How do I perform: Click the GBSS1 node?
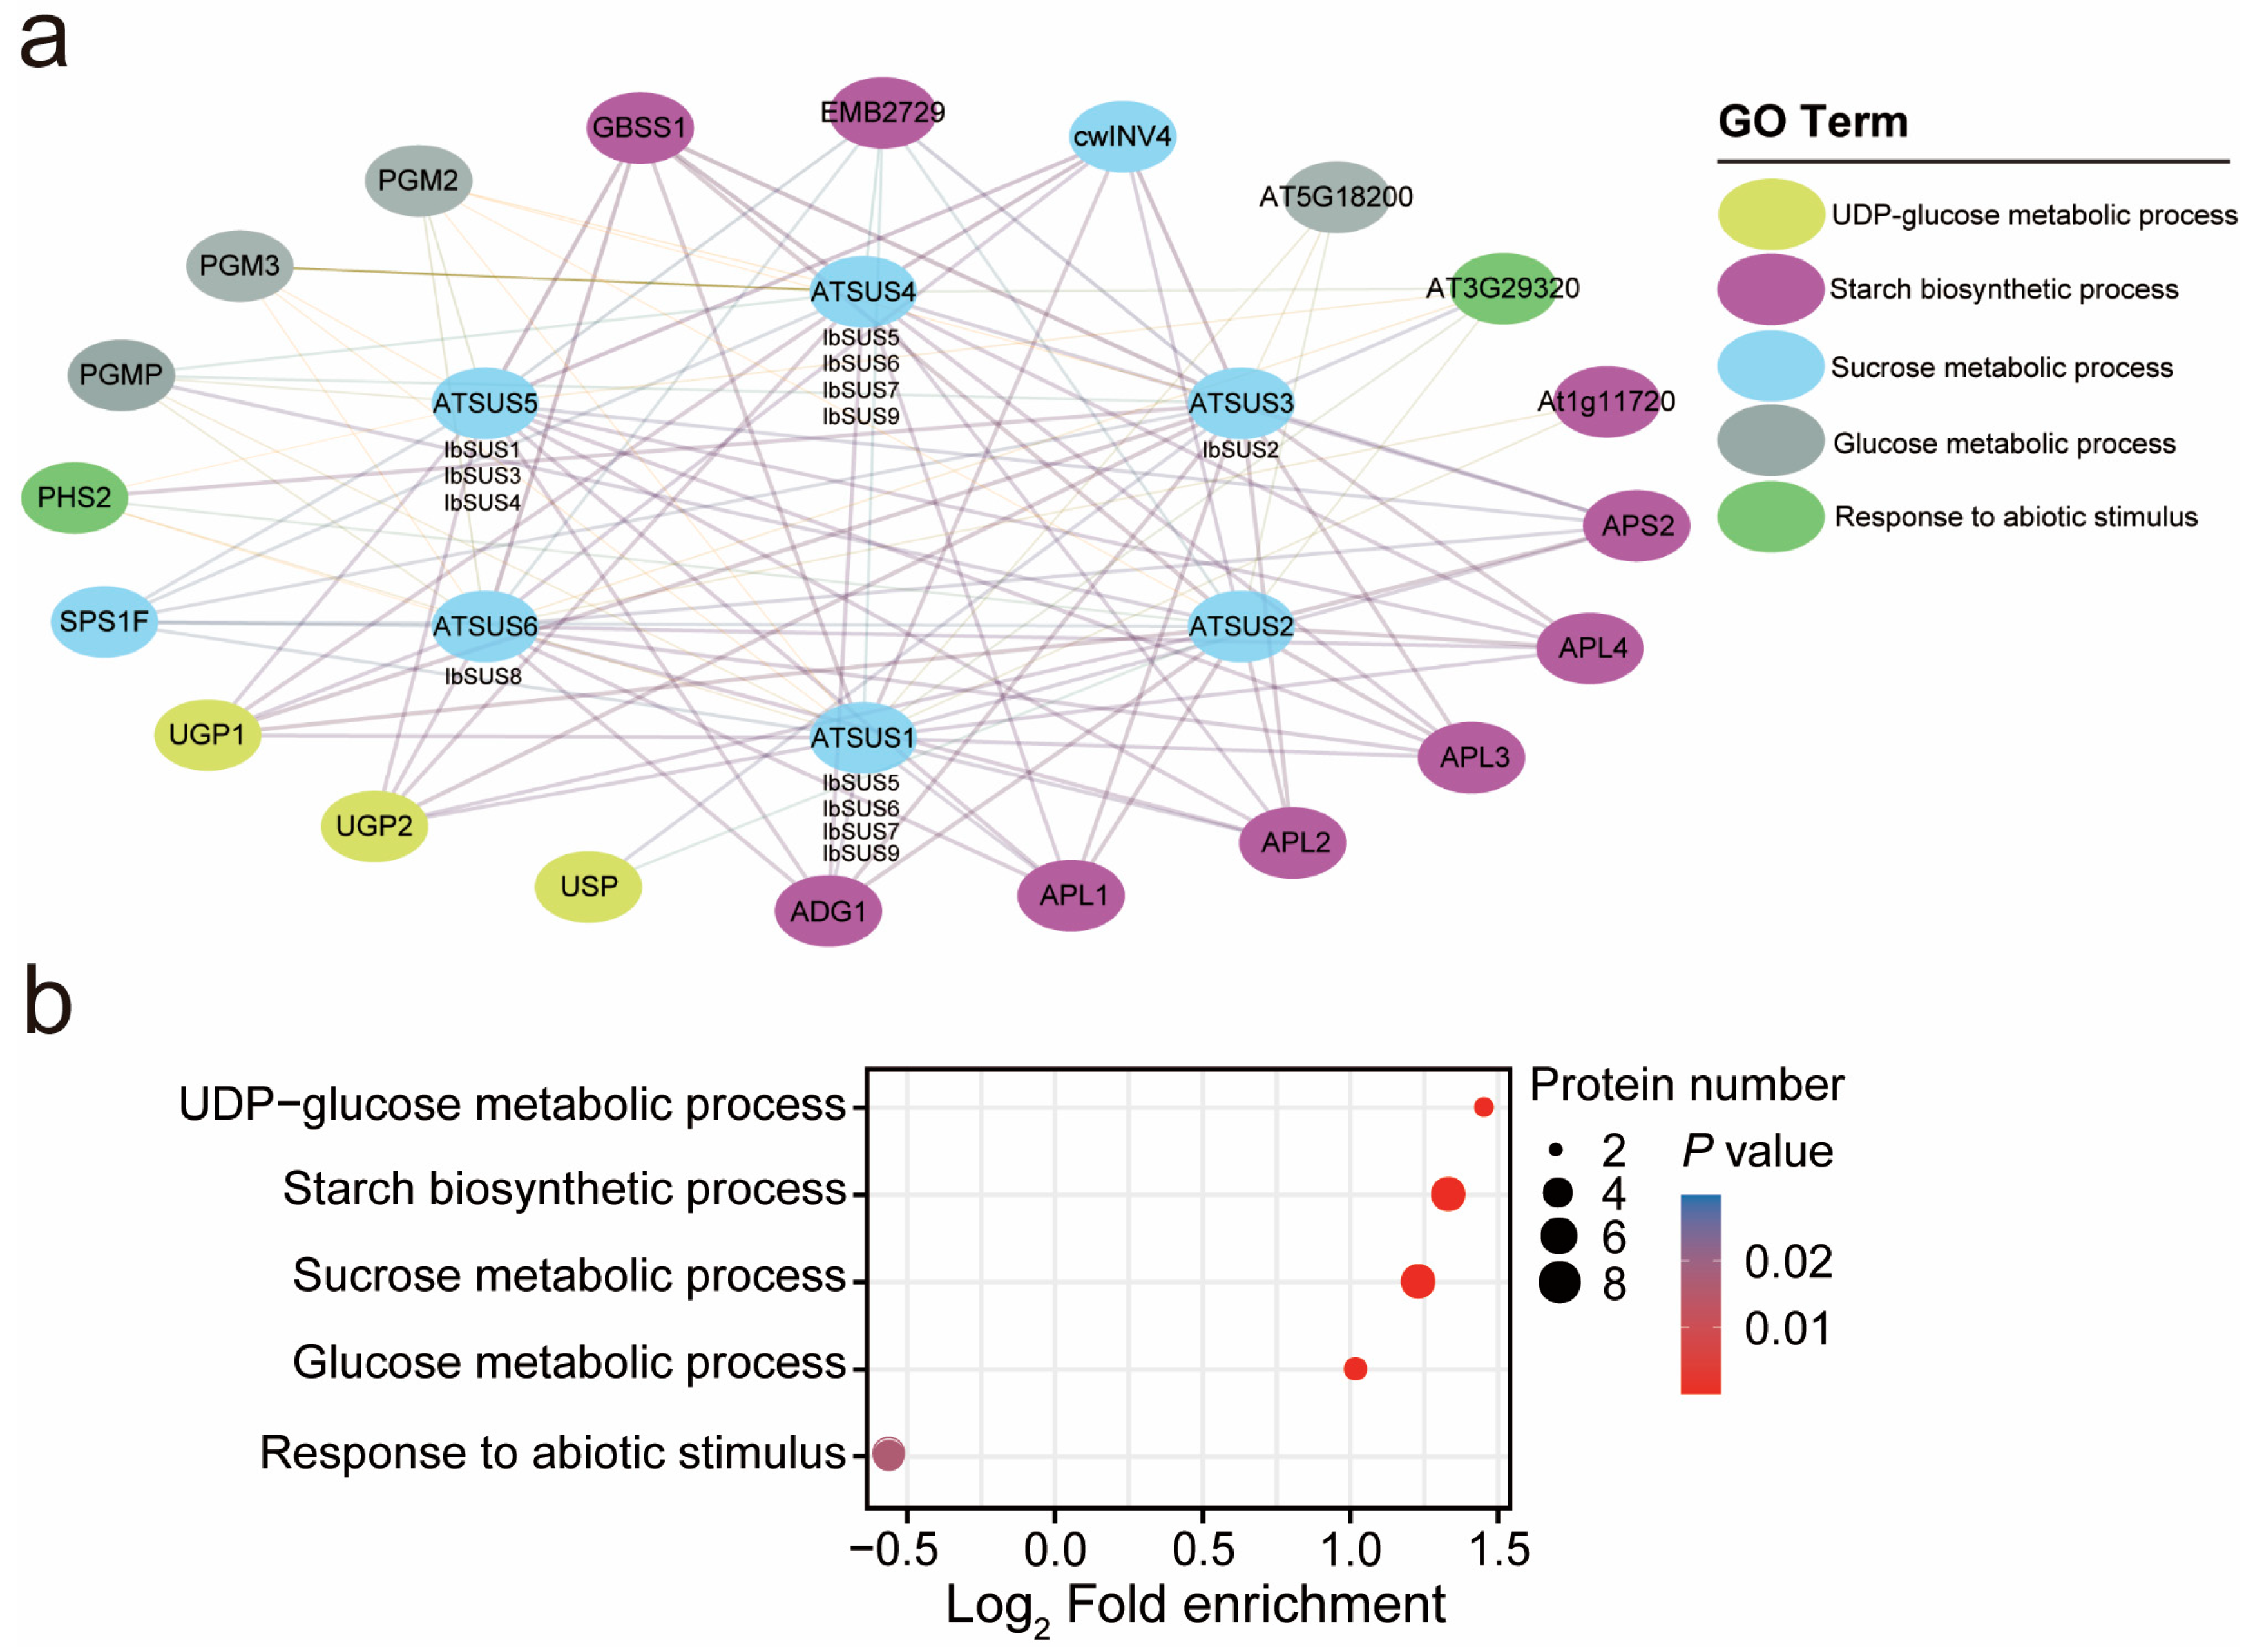[638, 127]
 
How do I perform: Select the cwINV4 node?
[1122, 136]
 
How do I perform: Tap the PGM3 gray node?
[240, 266]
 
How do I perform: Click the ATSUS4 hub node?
[863, 291]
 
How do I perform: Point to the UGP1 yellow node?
[206, 735]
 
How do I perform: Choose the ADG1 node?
[828, 910]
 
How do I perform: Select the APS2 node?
[1636, 525]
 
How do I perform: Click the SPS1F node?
[104, 621]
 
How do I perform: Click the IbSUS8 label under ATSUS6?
[483, 677]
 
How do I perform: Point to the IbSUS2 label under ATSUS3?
[1240, 449]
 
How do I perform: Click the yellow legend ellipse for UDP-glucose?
[1770, 214]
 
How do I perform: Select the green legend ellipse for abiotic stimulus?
[1770, 516]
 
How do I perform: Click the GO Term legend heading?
[1812, 122]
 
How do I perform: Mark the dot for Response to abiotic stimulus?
[888, 1454]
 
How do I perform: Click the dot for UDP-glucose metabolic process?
[1483, 1107]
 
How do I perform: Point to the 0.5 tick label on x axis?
[1203, 1549]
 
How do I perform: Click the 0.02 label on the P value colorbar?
[1787, 1262]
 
